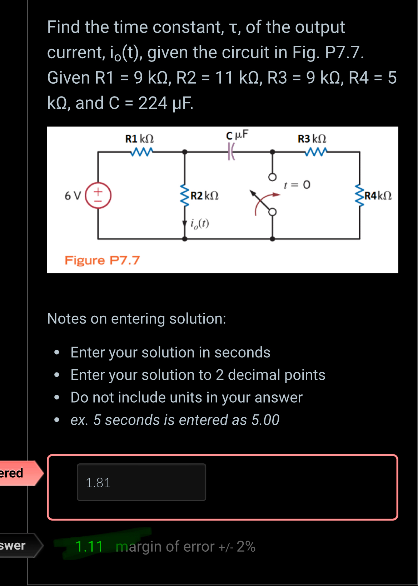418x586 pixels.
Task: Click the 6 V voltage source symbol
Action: tap(98, 196)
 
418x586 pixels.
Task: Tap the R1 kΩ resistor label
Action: tap(139, 139)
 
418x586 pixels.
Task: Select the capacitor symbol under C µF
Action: tap(232, 152)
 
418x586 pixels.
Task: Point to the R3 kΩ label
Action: tap(312, 139)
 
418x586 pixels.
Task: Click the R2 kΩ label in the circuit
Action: tap(204, 196)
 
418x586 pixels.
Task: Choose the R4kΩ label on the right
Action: tap(378, 196)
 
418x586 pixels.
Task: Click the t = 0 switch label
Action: tap(297, 185)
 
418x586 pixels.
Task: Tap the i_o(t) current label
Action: tap(199, 223)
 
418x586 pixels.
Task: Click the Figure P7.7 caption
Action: tap(102, 260)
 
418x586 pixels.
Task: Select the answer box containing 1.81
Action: tap(141, 482)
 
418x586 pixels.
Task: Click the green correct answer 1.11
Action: tap(89, 546)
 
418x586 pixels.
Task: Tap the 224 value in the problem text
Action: tap(153, 103)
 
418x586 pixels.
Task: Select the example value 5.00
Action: tap(265, 420)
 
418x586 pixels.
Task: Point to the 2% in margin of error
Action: tap(246, 546)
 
